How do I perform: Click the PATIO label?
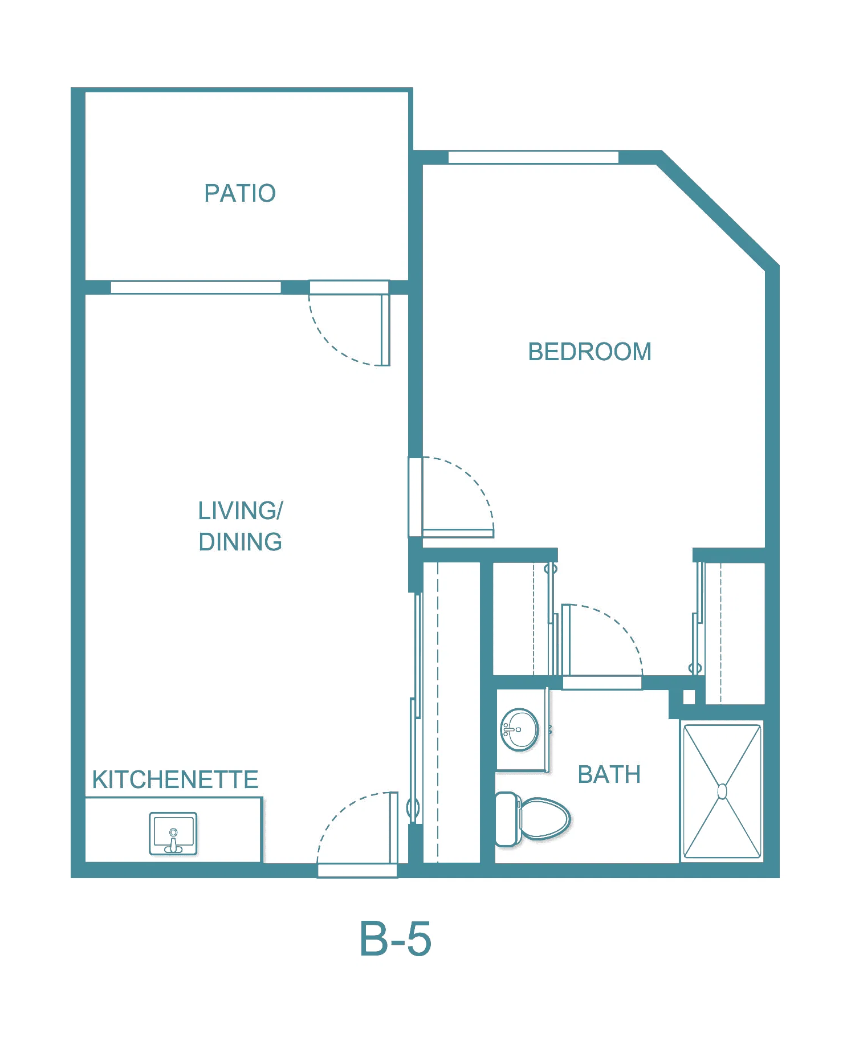pos(240,193)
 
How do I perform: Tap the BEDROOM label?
pos(589,352)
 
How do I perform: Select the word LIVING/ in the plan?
pos(240,511)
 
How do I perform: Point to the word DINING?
pos(240,541)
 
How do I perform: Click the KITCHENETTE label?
pos(175,779)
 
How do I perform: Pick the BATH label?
pos(609,774)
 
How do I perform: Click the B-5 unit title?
pos(395,938)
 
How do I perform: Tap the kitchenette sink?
pos(173,834)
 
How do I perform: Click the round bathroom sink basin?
pos(519,729)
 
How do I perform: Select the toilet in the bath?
pos(533,819)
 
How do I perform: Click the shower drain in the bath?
pos(722,791)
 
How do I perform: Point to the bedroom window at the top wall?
pos(534,157)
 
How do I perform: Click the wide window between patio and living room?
pos(196,287)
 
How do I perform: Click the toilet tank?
pos(507,819)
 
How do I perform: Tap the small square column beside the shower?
pos(689,697)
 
